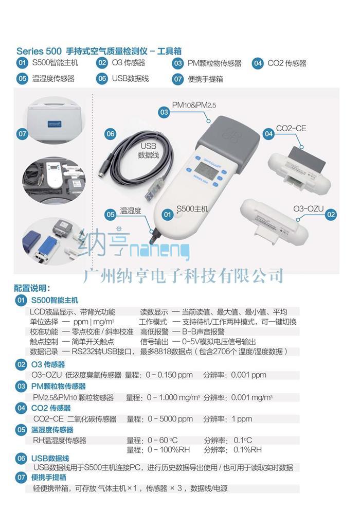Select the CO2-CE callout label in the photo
tap(291, 129)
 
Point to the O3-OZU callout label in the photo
tap(309, 209)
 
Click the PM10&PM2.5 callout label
tap(194, 105)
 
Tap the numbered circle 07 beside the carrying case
tap(23, 133)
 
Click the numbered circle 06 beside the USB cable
tap(111, 133)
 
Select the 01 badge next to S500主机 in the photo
tap(167, 214)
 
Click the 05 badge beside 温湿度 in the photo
tap(111, 214)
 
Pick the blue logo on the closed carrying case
tap(55, 125)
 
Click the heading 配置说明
tap(32, 288)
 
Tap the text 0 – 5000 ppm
tap(170, 419)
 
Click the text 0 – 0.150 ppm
tap(169, 375)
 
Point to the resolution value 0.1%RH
tap(247, 450)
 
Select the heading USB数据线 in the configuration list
tap(50, 459)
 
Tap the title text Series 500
tap(39, 51)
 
